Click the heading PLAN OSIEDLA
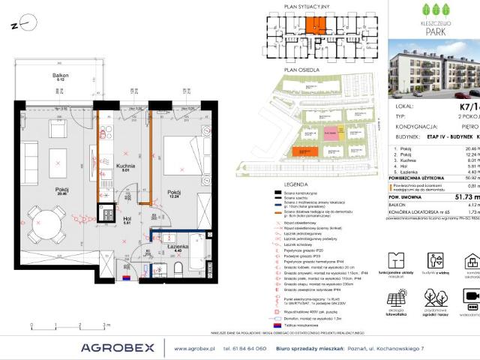297,69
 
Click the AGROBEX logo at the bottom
118,347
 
